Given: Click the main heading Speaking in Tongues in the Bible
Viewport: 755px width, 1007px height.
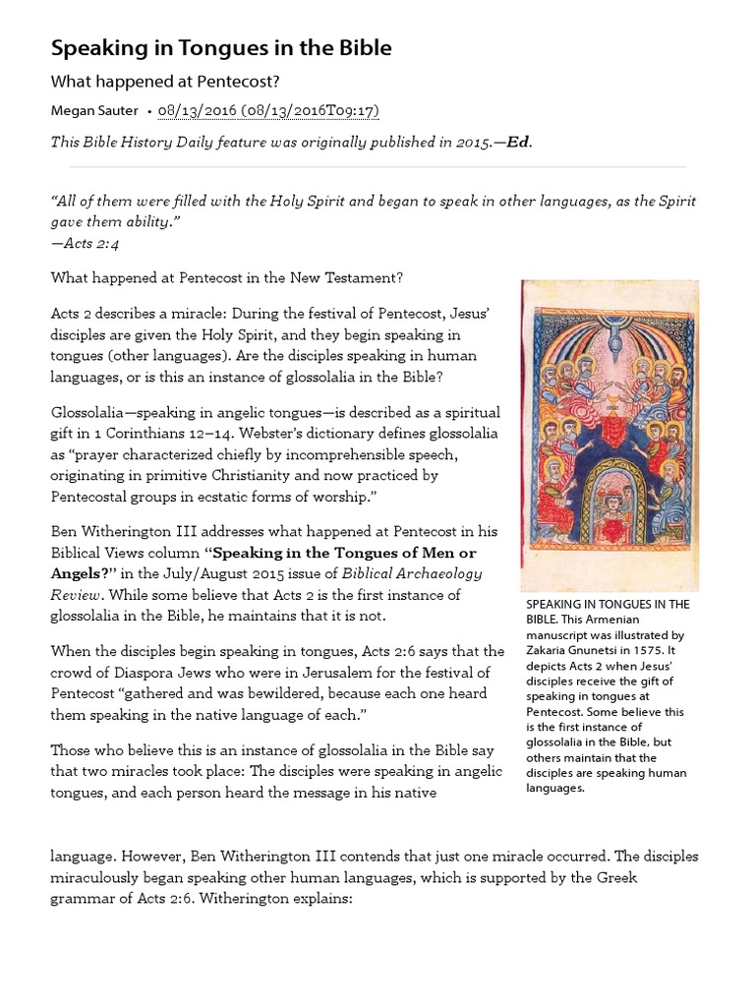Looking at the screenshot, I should (x=221, y=48).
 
